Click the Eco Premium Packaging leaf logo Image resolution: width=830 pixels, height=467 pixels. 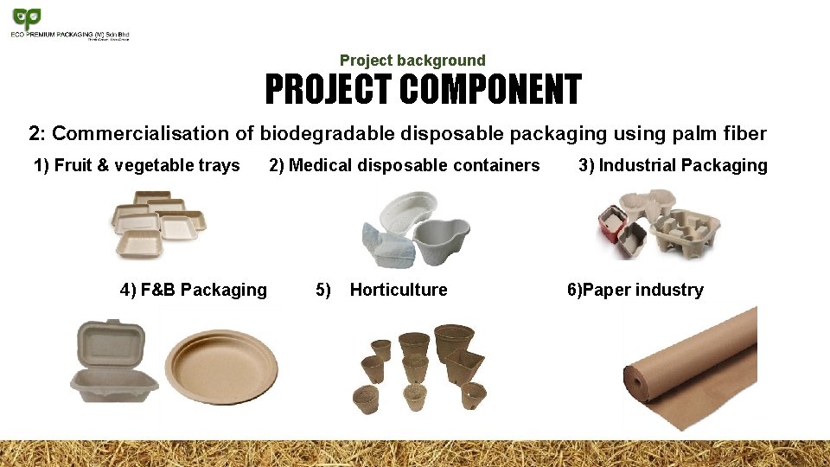click(25, 18)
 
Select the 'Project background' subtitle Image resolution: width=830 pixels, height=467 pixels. click(412, 61)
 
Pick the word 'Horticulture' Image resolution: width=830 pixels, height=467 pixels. click(399, 290)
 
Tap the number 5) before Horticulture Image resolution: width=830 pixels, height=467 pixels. click(323, 290)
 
